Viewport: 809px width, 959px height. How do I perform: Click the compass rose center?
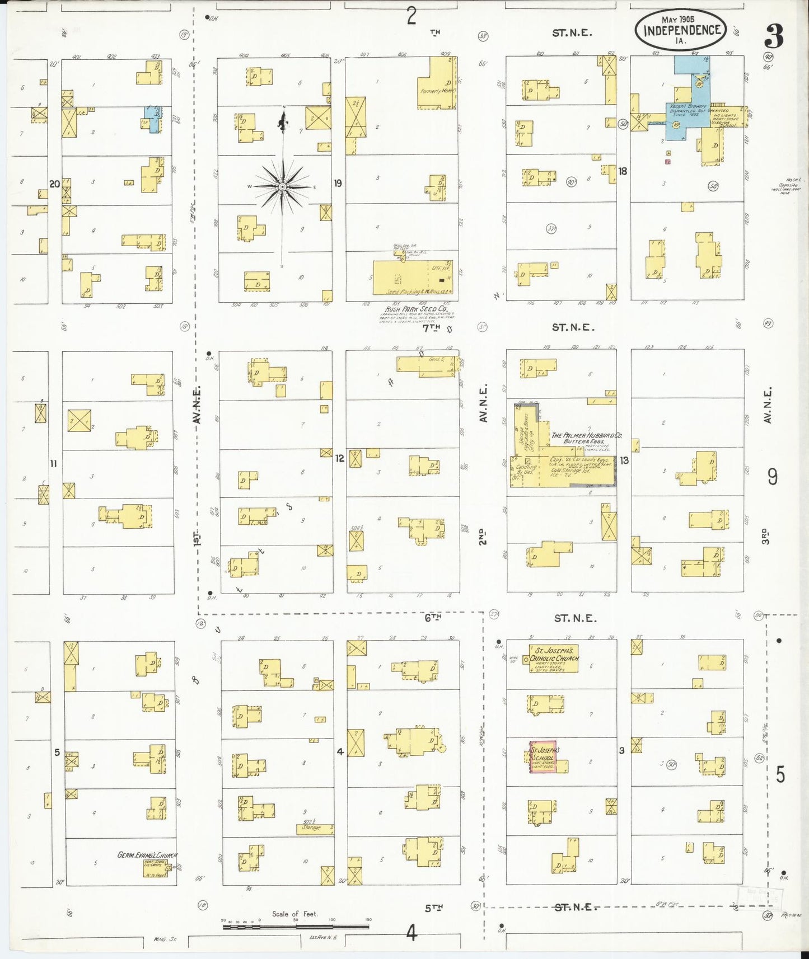pyautogui.click(x=283, y=186)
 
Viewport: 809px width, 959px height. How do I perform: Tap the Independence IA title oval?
pyautogui.click(x=681, y=30)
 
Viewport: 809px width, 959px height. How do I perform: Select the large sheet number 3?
pyautogui.click(x=774, y=37)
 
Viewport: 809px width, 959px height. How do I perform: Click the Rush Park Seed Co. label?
pyautogui.click(x=417, y=309)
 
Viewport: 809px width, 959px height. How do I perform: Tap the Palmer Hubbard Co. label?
pyautogui.click(x=586, y=438)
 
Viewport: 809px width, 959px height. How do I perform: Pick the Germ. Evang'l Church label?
pyautogui.click(x=147, y=855)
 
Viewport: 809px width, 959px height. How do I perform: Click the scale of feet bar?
pyautogui.click(x=296, y=927)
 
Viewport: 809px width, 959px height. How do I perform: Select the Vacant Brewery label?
pyautogui.click(x=688, y=106)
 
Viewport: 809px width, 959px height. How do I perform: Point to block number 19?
pyautogui.click(x=338, y=183)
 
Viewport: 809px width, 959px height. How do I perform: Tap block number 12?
pyautogui.click(x=339, y=458)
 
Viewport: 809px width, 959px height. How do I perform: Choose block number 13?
pyautogui.click(x=624, y=460)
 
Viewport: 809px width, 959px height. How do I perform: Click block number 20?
pyautogui.click(x=54, y=184)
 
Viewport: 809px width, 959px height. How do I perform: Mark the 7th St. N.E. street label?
pyautogui.click(x=572, y=327)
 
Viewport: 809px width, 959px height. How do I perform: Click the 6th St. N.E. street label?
pyautogui.click(x=575, y=618)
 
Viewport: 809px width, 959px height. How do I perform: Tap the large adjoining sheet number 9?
pyautogui.click(x=773, y=477)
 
